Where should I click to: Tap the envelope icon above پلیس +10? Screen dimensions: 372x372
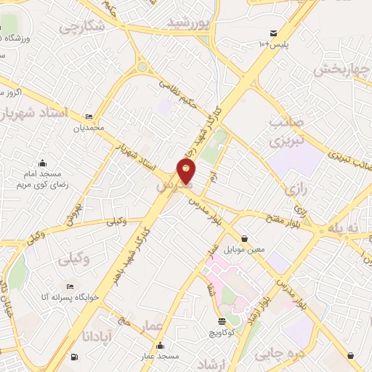pyautogui.click(x=273, y=33)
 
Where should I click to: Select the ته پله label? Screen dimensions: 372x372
pyautogui.click(x=344, y=228)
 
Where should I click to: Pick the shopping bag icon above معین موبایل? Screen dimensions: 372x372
pyautogui.click(x=244, y=238)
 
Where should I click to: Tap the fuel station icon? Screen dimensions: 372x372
pyautogui.click(x=74, y=357)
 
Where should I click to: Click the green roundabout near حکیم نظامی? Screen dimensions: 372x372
pyautogui.click(x=142, y=68)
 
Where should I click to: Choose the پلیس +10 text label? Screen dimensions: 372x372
pyautogui.click(x=275, y=45)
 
